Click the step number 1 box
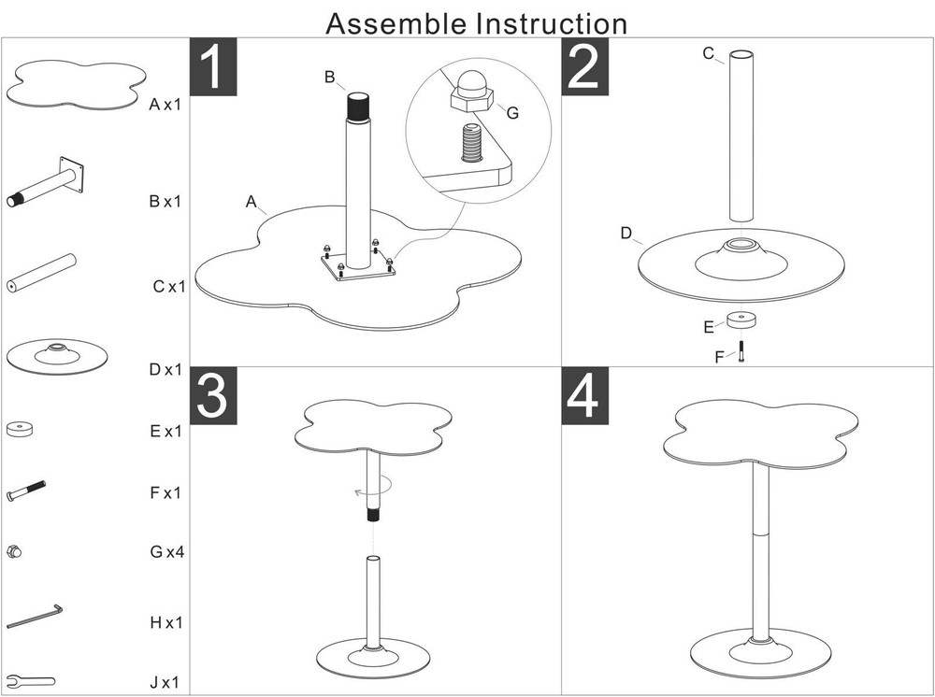213,66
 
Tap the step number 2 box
584,66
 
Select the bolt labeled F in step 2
741,353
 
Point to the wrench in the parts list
30,680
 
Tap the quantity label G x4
167,552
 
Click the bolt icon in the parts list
26,491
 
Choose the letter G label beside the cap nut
511,112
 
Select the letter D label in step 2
626,234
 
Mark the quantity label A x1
165,105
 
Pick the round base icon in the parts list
57,355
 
